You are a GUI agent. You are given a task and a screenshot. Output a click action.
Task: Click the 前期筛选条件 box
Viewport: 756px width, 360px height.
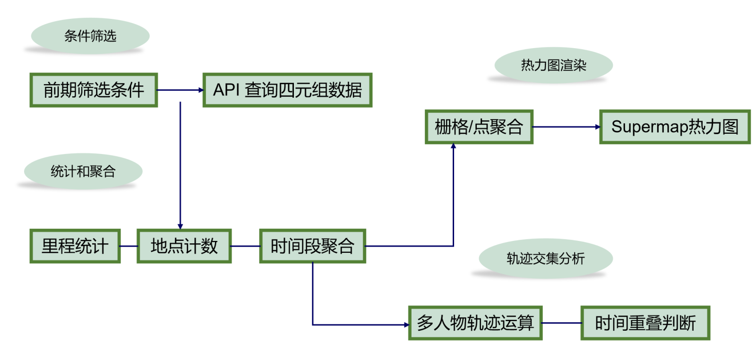[x=94, y=90]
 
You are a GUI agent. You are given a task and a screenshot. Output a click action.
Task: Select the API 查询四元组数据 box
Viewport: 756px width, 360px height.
[x=287, y=90]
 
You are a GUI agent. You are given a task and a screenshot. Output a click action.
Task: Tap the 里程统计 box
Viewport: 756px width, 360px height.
[x=75, y=246]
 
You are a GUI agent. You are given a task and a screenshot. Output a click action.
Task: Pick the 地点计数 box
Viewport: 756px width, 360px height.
[x=184, y=246]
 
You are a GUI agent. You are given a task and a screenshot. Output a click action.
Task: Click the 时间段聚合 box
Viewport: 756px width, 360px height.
[x=312, y=246]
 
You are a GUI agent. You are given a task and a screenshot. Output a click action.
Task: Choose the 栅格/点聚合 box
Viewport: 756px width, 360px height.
[x=479, y=127]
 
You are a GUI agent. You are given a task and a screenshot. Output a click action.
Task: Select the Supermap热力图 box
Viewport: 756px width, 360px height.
[x=674, y=127]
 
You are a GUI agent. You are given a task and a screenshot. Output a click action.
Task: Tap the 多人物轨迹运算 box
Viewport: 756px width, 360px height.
[x=475, y=323]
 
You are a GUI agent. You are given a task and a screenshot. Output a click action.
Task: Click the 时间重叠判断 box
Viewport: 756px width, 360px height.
[x=645, y=323]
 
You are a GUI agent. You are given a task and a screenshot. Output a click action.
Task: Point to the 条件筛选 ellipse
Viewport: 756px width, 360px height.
[x=90, y=36]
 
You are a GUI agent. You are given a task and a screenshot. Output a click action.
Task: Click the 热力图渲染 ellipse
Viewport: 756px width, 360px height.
[x=553, y=65]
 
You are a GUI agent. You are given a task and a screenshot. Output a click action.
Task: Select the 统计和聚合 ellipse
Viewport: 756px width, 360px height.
[x=83, y=171]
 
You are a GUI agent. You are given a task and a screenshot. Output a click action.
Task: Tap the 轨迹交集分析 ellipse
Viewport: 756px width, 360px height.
[x=546, y=258]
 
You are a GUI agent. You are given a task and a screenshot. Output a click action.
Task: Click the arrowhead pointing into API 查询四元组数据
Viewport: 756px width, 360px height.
[x=201, y=90]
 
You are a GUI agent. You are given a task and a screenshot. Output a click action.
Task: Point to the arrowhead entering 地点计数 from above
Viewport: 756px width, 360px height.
[x=180, y=227]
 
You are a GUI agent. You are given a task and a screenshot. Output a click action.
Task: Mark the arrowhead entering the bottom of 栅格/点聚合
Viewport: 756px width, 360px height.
[x=453, y=146]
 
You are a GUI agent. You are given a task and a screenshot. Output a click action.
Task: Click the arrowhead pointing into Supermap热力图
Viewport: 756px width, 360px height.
[x=597, y=127]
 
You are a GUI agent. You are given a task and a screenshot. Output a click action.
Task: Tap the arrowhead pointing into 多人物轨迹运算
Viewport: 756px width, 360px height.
[x=406, y=325]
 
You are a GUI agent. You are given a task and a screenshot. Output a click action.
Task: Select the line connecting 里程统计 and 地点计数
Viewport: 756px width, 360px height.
[x=129, y=246]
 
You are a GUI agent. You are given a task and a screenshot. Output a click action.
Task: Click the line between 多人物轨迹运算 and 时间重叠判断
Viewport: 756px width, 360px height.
[x=561, y=323]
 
